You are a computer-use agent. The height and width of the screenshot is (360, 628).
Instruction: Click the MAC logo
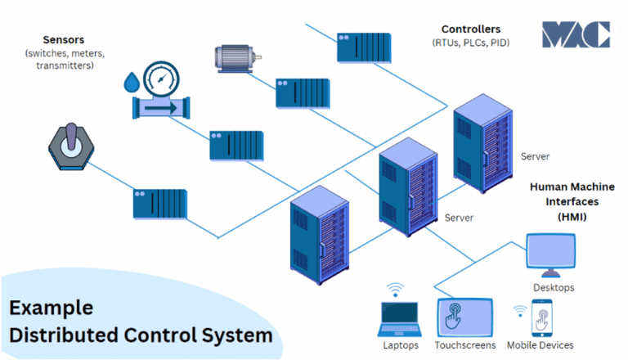(x=576, y=34)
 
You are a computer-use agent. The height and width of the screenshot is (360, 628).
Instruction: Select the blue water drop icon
(x=132, y=83)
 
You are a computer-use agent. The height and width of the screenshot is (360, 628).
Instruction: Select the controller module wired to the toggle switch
(x=160, y=203)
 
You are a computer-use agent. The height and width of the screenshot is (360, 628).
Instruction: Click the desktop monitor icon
(x=553, y=255)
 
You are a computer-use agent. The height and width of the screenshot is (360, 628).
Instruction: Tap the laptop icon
(x=399, y=319)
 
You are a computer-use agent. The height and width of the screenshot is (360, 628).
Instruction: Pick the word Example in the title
(x=52, y=308)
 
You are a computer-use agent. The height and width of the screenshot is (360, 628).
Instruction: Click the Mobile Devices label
(x=540, y=345)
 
